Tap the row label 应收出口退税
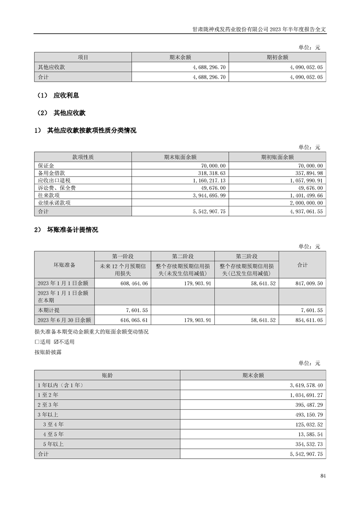[x=54, y=180]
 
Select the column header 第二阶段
[x=182, y=256]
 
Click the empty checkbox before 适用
[x=37, y=342]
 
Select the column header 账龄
[x=107, y=375]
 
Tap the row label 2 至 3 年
[x=48, y=404]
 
